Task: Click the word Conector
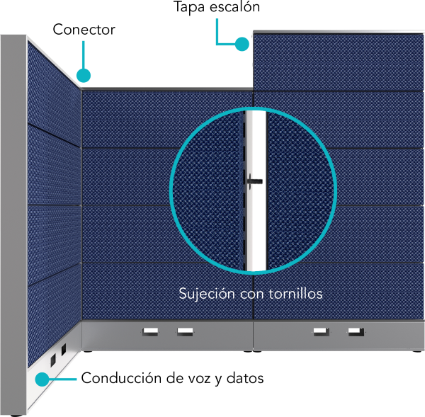click(x=84, y=30)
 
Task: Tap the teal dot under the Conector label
click(x=84, y=75)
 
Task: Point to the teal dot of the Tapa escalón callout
click(x=242, y=44)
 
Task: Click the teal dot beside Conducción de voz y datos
click(x=42, y=379)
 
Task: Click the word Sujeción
click(x=207, y=294)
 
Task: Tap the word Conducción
click(x=121, y=378)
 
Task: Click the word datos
click(x=245, y=378)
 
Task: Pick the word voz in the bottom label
click(x=199, y=379)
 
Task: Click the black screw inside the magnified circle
click(x=255, y=181)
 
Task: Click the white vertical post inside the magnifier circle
click(x=256, y=191)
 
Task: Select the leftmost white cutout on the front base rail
click(x=150, y=331)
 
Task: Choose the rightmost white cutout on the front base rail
click(x=356, y=331)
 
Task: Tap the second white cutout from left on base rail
click(x=185, y=331)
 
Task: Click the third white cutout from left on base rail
click(x=322, y=331)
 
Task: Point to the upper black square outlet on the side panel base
click(x=64, y=350)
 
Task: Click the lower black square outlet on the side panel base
click(x=53, y=360)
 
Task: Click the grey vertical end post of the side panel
click(x=13, y=225)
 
